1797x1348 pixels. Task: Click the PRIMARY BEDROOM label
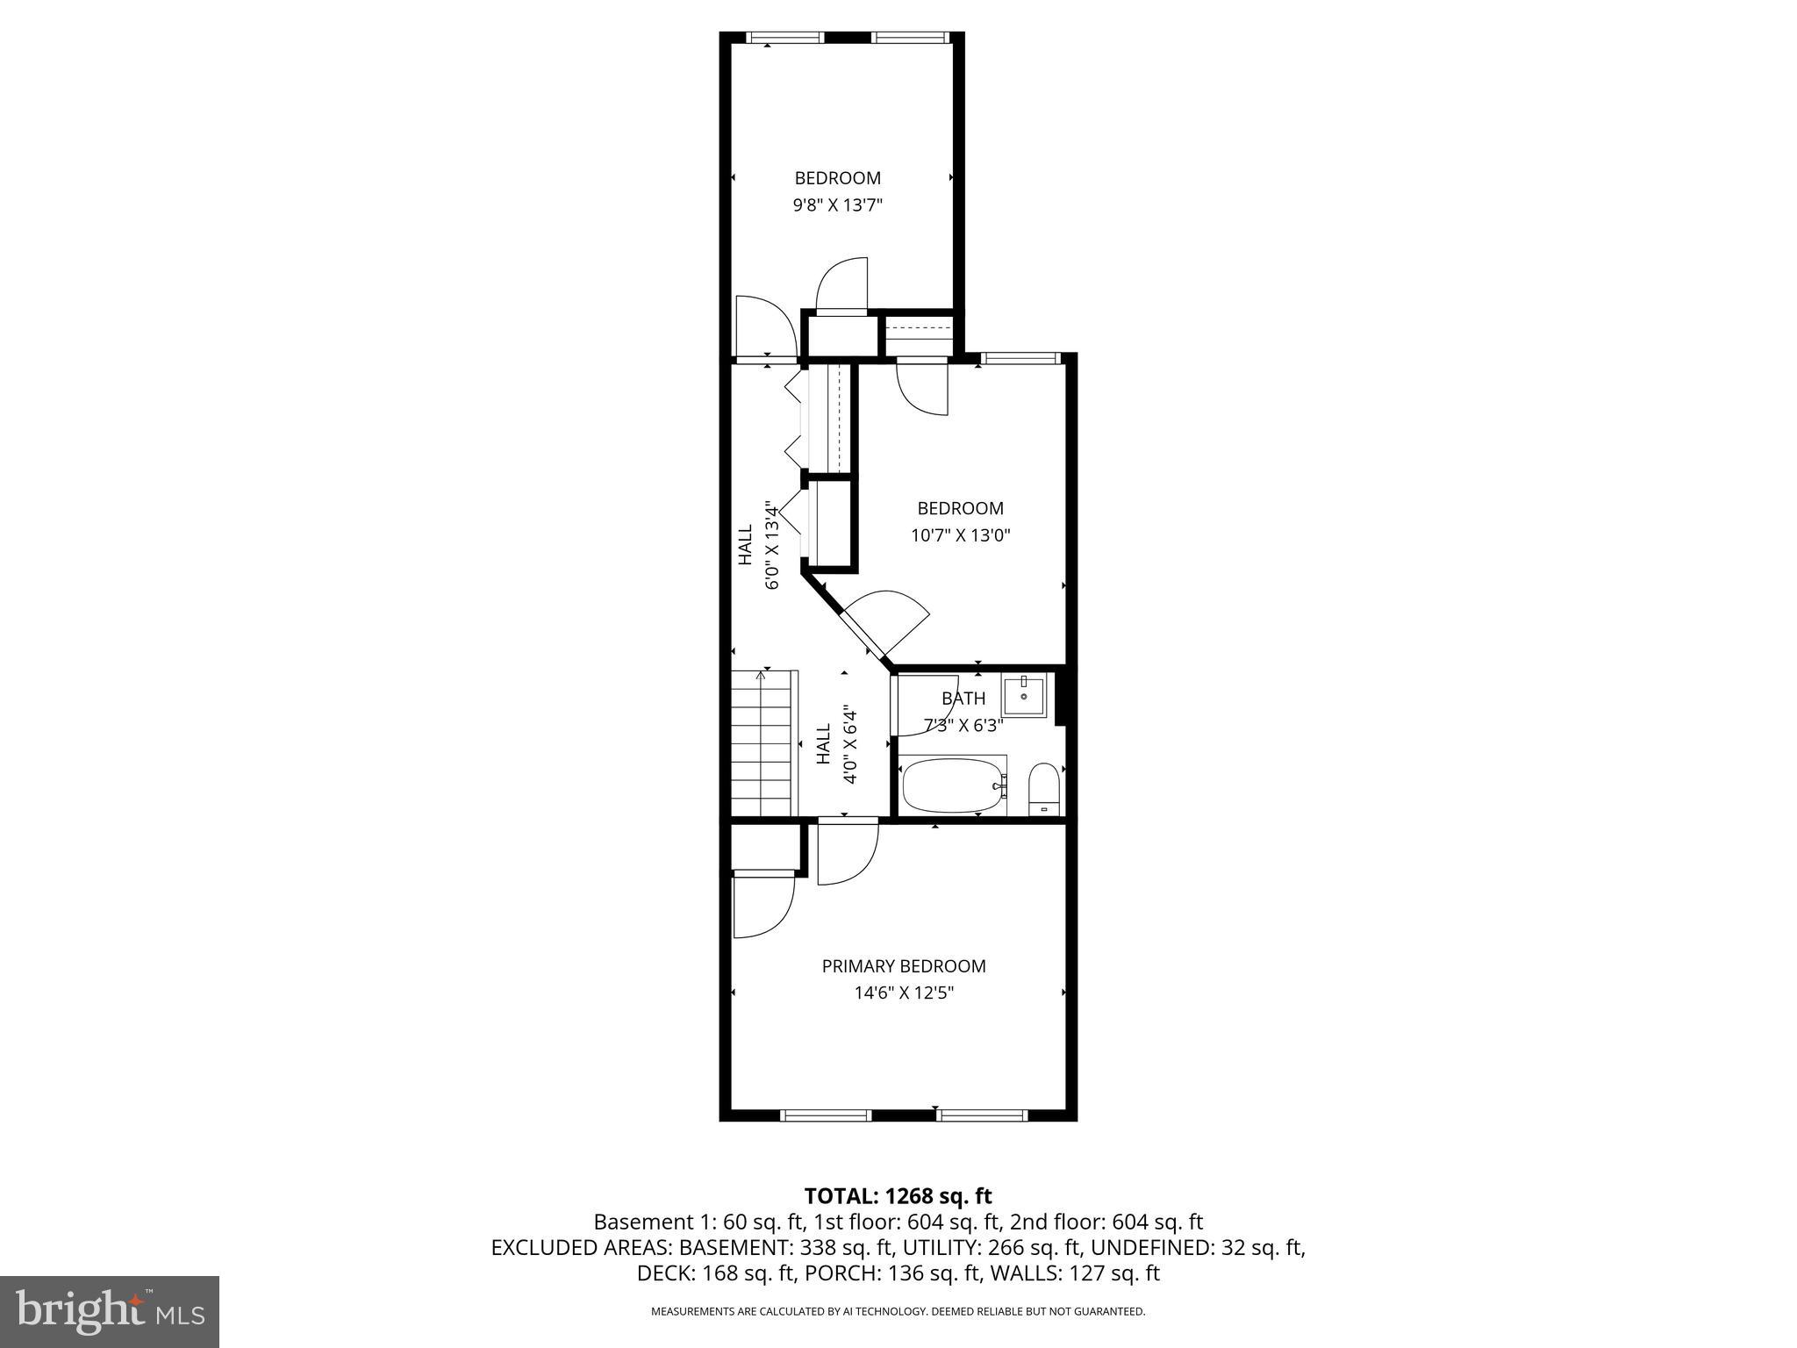pos(903,966)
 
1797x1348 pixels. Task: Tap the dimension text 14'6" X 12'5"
pos(903,993)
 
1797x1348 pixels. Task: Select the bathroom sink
pos(1024,696)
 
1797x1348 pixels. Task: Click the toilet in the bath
pos(1043,788)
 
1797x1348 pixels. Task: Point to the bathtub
pos(951,785)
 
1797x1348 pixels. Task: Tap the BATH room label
pos(963,699)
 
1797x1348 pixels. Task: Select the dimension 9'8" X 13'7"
pos(837,205)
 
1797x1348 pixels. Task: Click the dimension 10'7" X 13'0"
pos(960,535)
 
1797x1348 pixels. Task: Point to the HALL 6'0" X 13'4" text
pos(759,544)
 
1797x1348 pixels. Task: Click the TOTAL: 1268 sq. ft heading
pos(898,1195)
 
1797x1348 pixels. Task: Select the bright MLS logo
pos(110,1312)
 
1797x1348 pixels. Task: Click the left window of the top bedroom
pos(784,38)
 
